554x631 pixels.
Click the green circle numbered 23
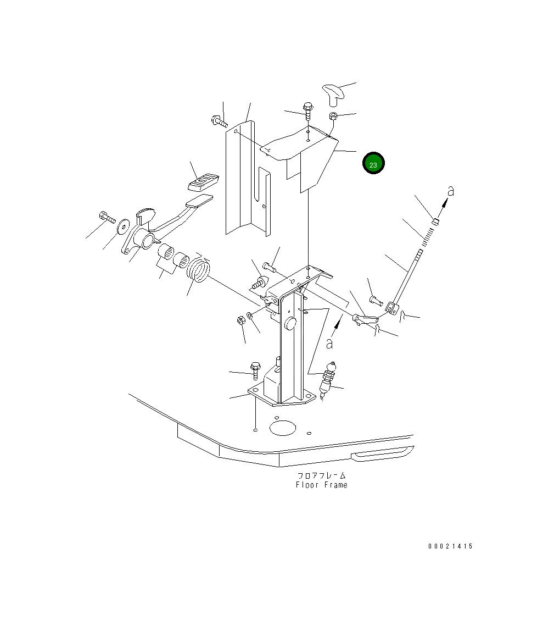pos(373,163)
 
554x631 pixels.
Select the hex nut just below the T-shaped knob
pos(333,117)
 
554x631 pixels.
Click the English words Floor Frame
pos(322,485)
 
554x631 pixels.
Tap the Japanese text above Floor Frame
pos(322,475)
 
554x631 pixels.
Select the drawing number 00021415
pos(450,546)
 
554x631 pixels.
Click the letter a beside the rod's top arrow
pos(451,191)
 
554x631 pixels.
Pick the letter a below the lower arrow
pos(329,344)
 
